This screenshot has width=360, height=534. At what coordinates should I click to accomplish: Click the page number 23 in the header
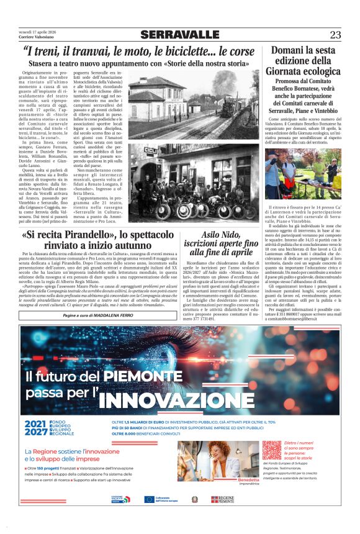[x=335, y=35]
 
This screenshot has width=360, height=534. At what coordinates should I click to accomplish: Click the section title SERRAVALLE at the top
[x=179, y=34]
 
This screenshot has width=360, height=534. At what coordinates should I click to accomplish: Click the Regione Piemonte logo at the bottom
[x=223, y=499]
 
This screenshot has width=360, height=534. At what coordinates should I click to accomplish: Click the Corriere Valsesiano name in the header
[x=35, y=38]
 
